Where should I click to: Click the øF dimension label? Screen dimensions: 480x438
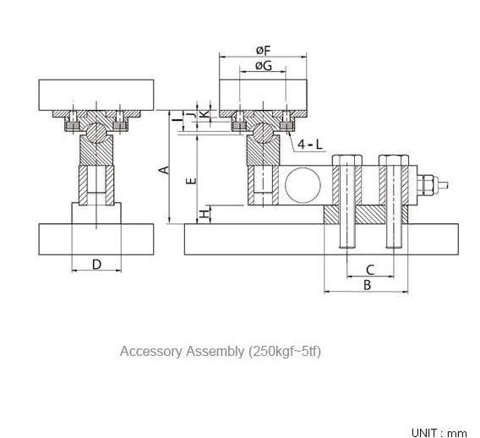click(264, 51)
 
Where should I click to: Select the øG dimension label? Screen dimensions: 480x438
click(264, 66)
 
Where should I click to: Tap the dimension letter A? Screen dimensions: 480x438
click(165, 170)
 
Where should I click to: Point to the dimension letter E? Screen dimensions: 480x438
click(191, 181)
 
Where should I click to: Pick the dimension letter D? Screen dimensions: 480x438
click(96, 265)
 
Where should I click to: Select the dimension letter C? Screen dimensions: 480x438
click(370, 270)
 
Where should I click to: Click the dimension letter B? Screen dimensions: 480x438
click(367, 285)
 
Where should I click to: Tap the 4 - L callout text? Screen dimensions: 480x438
click(310, 145)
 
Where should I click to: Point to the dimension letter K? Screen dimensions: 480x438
click(205, 114)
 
